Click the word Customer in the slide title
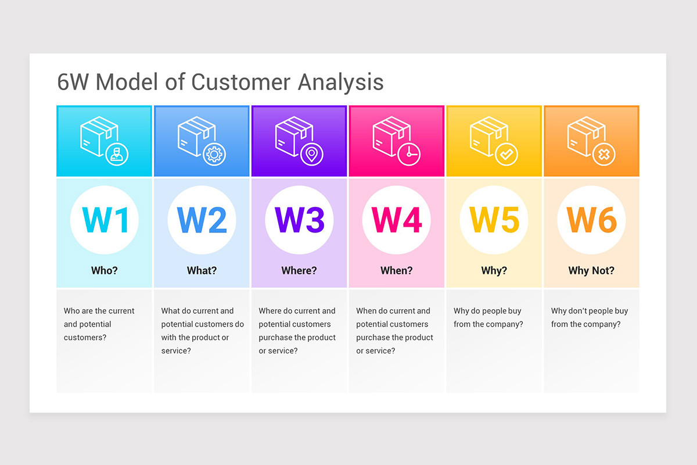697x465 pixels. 242,82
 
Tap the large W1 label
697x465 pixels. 105,220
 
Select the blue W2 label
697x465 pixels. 202,220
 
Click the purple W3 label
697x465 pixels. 299,220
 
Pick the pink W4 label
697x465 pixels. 397,220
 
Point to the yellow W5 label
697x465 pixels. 494,220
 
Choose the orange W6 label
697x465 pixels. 591,220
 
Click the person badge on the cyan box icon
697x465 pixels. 118,154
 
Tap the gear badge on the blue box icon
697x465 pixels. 215,154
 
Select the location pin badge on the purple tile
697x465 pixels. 312,154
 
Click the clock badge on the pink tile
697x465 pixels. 410,154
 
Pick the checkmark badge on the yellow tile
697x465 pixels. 507,154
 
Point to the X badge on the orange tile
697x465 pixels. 605,154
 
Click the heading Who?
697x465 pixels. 105,270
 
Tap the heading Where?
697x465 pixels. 299,270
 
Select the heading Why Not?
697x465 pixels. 591,270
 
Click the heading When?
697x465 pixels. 397,270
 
